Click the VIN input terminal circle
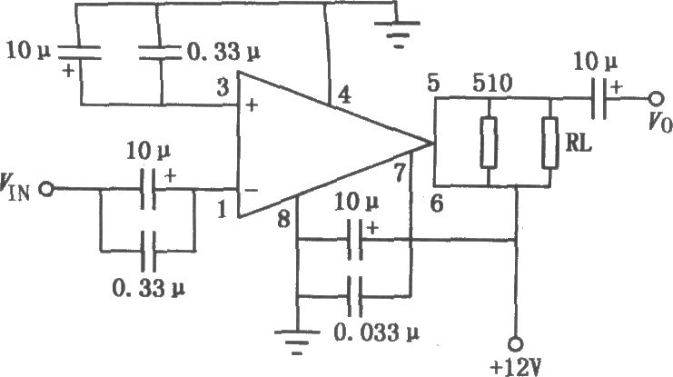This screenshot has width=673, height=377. pyautogui.click(x=46, y=189)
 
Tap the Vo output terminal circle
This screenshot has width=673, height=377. pyautogui.click(x=656, y=99)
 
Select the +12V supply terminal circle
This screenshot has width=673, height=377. pyautogui.click(x=515, y=344)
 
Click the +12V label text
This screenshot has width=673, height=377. pyautogui.click(x=516, y=368)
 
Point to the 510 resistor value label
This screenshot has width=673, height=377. pyautogui.click(x=492, y=84)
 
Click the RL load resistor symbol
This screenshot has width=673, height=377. pyautogui.click(x=550, y=143)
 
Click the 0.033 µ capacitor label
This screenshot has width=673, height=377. pyautogui.click(x=376, y=333)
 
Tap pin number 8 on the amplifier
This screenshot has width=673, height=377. pyautogui.click(x=283, y=221)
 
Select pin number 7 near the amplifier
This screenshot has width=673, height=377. pyautogui.click(x=400, y=174)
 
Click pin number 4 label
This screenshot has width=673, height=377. pyautogui.click(x=344, y=94)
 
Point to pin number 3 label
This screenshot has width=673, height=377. pyautogui.click(x=223, y=87)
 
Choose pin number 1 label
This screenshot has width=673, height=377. pyautogui.click(x=222, y=210)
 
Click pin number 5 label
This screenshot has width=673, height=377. pyautogui.click(x=433, y=83)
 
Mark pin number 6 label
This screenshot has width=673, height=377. pyautogui.click(x=437, y=204)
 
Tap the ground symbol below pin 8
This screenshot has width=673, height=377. pyautogui.click(x=297, y=342)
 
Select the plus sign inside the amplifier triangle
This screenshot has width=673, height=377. pyautogui.click(x=252, y=104)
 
